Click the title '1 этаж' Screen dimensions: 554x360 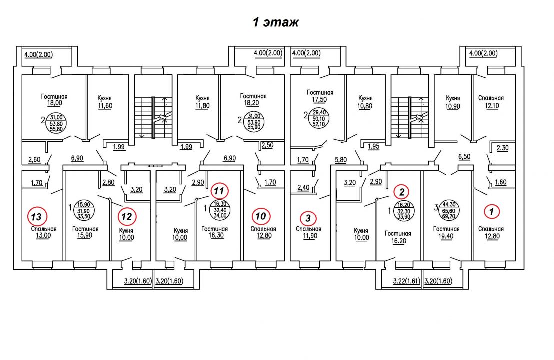[276, 22]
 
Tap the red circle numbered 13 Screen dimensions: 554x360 [36, 216]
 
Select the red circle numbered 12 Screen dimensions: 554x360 [127, 216]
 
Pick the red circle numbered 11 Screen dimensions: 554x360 [219, 191]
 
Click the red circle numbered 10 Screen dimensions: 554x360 [260, 216]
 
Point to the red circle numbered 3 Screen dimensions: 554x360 [308, 218]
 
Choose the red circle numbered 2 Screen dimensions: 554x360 [401, 192]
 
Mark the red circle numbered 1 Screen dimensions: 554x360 [491, 212]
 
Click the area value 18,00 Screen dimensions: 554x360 [54, 103]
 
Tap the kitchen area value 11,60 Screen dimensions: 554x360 [105, 106]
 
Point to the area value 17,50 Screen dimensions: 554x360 [319, 100]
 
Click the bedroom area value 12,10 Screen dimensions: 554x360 [492, 106]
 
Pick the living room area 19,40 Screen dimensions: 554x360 [446, 236]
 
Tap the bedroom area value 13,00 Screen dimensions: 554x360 [43, 236]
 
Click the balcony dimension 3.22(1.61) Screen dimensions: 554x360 [406, 281]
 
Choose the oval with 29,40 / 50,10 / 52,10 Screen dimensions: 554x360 [318, 118]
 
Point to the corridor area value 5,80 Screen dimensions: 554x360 [341, 160]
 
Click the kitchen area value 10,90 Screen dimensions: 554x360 [453, 106]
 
